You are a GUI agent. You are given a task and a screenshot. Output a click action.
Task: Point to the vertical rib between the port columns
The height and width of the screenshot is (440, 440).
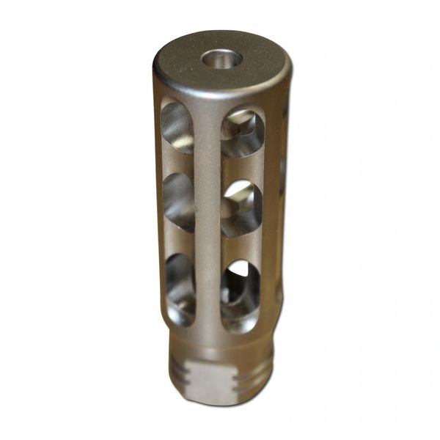pos(209,220)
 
